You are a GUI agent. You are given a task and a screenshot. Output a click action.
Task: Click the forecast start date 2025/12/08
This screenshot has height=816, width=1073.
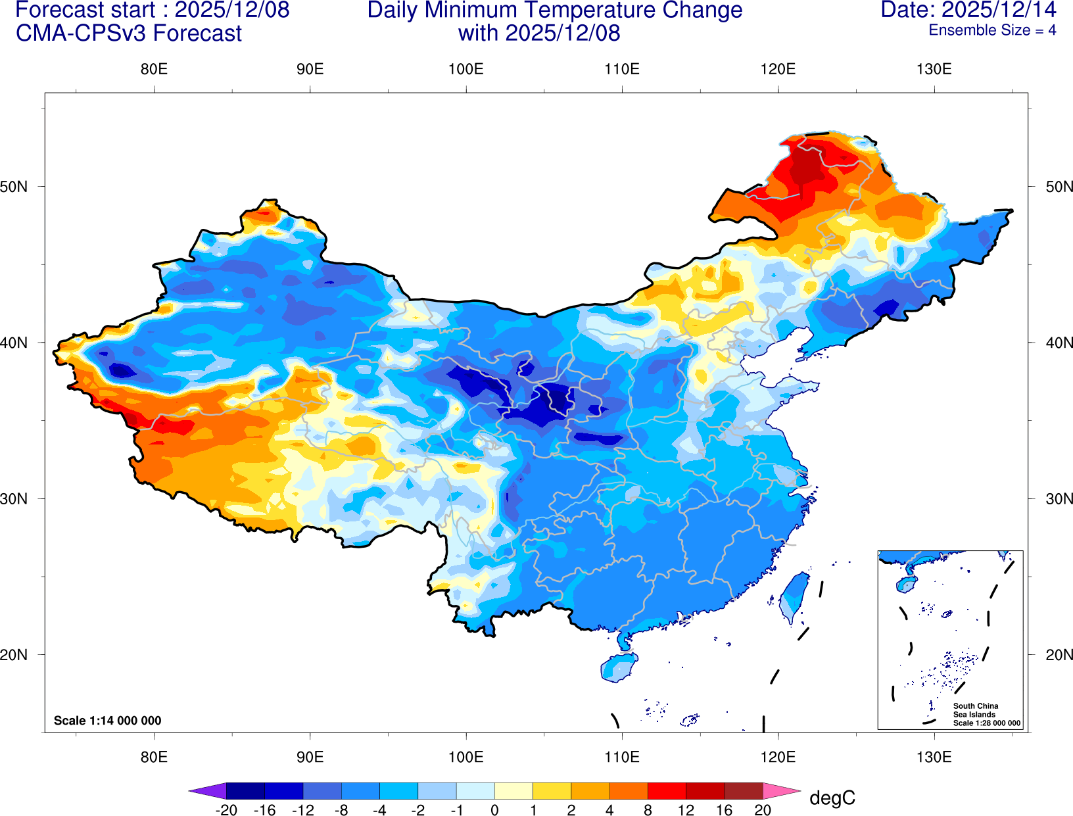231,11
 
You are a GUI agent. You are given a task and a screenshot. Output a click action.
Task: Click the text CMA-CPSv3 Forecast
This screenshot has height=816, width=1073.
129,34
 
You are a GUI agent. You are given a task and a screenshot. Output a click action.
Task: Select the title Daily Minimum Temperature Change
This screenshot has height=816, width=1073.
554,11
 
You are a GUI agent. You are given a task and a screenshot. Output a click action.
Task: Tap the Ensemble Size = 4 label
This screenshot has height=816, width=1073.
992,30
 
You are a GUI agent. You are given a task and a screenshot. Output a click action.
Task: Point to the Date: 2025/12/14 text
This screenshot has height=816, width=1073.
968,10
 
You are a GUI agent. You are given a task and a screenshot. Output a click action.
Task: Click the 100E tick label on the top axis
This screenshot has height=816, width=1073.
465,70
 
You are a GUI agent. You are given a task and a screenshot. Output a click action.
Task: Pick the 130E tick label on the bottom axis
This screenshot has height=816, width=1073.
934,757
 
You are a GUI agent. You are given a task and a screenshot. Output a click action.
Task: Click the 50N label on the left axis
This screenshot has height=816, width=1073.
14,187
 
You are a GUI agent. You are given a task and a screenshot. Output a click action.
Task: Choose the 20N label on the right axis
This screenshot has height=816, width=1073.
1059,655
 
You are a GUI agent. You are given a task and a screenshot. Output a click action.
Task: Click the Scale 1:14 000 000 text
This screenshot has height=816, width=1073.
107,721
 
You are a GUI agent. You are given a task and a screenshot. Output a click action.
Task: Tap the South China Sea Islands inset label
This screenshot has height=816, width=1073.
976,710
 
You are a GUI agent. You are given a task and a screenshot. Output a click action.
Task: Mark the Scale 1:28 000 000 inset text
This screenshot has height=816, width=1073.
987,723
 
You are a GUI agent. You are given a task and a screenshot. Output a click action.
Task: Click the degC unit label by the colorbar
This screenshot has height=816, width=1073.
832,798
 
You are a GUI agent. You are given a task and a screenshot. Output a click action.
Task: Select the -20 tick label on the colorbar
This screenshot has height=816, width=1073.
226,810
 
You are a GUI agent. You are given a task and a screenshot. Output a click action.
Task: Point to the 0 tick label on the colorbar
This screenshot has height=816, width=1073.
494,810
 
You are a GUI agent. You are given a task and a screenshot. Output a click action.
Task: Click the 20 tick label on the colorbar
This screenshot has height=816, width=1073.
763,810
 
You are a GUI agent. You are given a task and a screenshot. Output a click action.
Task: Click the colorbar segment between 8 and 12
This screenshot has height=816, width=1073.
667,791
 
